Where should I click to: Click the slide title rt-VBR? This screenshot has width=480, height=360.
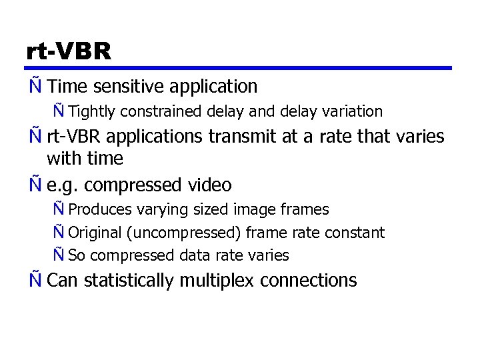[69, 51]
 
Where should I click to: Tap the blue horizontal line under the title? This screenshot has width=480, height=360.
[239, 68]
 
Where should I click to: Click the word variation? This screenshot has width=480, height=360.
[353, 111]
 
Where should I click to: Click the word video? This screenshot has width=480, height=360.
[209, 185]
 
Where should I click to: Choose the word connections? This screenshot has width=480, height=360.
[309, 281]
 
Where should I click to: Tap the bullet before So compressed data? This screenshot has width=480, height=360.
[59, 255]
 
